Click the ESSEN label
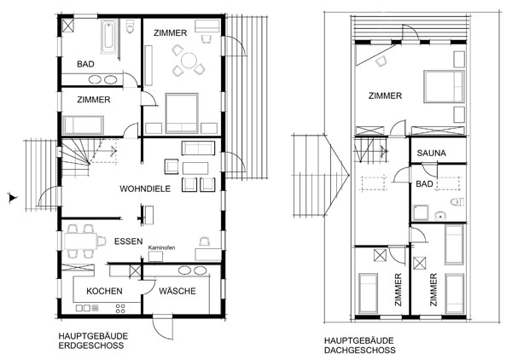click(x=128, y=241)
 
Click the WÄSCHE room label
click(x=177, y=292)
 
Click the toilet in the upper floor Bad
click(x=457, y=202)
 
